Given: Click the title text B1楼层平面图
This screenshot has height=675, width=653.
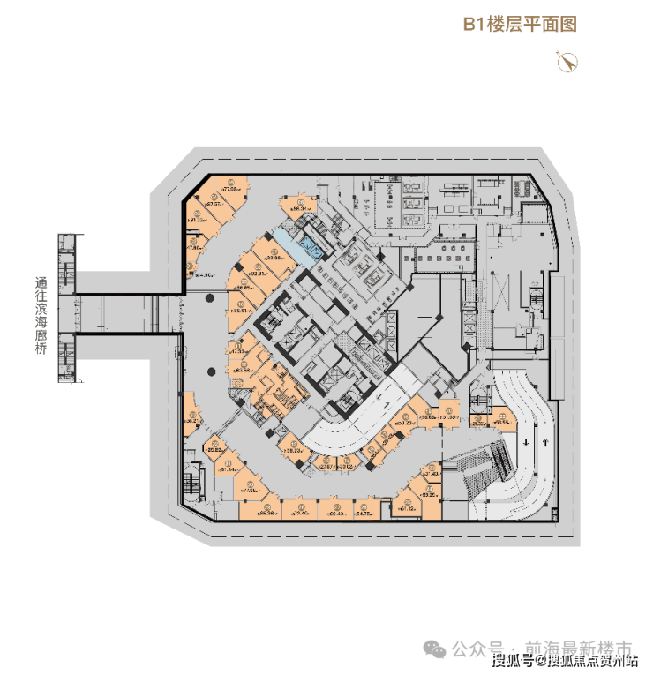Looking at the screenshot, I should [520, 24].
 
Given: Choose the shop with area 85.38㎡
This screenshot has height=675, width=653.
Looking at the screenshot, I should [264, 511].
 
